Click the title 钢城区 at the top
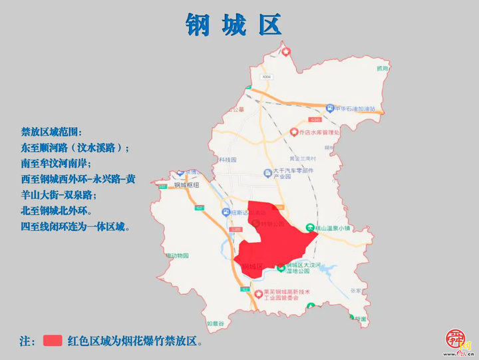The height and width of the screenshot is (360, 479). pyautogui.click(x=234, y=25)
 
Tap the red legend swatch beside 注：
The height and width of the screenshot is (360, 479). pyautogui.click(x=53, y=341)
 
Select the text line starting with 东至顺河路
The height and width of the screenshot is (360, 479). pyautogui.click(x=75, y=148)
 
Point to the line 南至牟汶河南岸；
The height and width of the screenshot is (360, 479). pyautogui.click(x=56, y=163)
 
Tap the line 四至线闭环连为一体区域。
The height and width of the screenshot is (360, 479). pyautogui.click(x=75, y=227)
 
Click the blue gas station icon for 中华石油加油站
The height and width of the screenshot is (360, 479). pyautogui.click(x=329, y=108)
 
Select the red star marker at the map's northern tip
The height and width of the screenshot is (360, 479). pyautogui.click(x=286, y=51)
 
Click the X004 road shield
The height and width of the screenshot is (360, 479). pyautogui.click(x=267, y=77)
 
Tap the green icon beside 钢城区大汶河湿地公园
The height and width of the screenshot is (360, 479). pyautogui.click(x=281, y=268)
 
